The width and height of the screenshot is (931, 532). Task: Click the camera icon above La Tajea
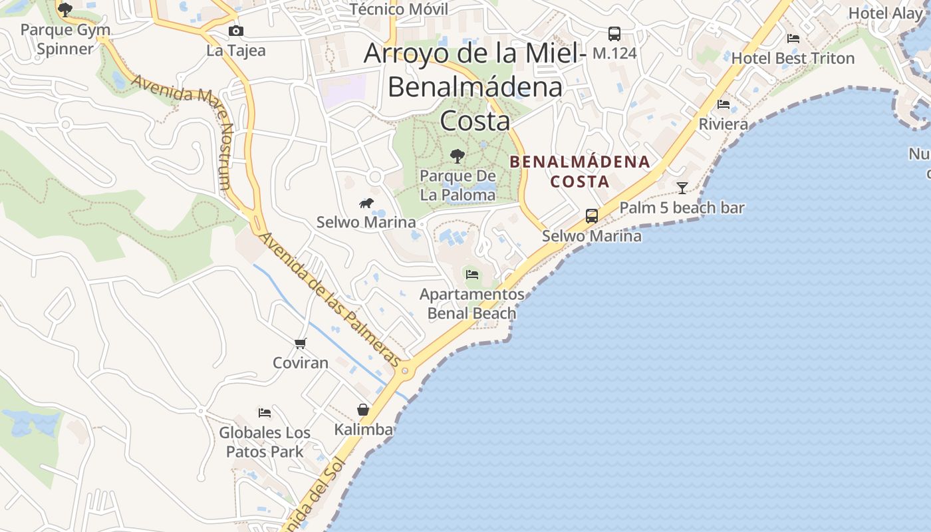coord(235,31)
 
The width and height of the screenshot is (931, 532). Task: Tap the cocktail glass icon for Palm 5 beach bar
coord(682,188)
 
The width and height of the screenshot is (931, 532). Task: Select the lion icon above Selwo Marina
coord(366,203)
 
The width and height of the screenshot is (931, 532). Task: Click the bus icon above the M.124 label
coord(614,33)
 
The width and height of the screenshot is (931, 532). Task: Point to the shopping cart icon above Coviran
coord(301,343)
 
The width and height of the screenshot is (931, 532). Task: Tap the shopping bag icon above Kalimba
coord(363,410)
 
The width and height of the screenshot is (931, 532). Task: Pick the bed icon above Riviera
coord(724,104)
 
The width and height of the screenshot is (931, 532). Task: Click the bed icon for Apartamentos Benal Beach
coord(472,274)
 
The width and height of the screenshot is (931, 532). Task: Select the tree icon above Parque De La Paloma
coord(458,156)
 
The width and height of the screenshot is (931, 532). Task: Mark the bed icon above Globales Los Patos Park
coord(265,412)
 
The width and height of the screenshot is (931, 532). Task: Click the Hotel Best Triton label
coord(793,59)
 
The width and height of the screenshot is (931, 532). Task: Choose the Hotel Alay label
coord(885,13)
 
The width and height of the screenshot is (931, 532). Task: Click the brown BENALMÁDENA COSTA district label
coord(579,172)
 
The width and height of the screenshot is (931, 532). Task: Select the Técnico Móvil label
coord(398,9)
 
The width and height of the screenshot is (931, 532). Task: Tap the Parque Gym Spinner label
coord(65,39)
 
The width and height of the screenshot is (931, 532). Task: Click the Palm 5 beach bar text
coord(682,208)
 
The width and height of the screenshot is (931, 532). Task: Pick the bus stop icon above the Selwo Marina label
coord(591,215)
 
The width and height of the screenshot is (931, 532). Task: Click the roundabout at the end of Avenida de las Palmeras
coord(405,371)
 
